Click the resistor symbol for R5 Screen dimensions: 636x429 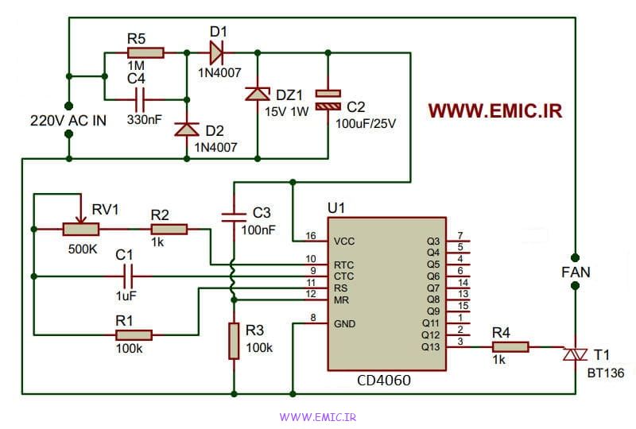point(145,52)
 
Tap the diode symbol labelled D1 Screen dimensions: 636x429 point(217,52)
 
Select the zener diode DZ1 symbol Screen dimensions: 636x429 point(258,94)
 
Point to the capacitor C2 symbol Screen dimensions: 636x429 point(328,100)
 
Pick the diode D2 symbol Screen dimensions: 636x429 point(187,129)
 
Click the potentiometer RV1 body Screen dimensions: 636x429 point(81,229)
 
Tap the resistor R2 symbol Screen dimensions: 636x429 point(169,229)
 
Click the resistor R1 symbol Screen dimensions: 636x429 point(134,335)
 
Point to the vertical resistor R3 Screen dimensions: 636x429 point(234,341)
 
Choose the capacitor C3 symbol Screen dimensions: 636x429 point(234,218)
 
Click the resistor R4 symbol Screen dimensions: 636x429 point(510,346)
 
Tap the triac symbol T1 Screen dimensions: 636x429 point(575,355)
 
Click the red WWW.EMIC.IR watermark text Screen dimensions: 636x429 point(495,110)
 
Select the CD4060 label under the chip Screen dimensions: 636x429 point(384,381)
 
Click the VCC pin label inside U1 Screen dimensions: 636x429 point(344,242)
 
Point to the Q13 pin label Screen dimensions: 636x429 point(430,347)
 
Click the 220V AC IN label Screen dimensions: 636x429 point(68,121)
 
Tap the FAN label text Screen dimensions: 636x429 point(576,272)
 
